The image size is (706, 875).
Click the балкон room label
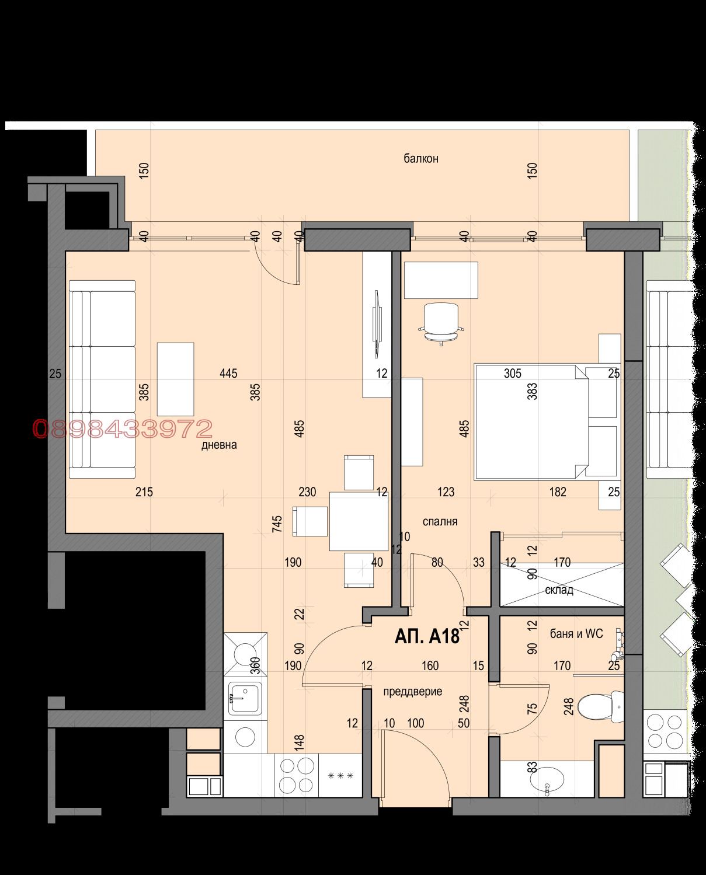point(421,158)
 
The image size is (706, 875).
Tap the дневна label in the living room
point(219,444)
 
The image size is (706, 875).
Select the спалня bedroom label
point(440,521)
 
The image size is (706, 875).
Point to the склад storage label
point(559,590)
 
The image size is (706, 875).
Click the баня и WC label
point(576,633)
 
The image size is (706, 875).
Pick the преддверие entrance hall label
point(413,691)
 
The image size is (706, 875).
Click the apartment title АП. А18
point(427,636)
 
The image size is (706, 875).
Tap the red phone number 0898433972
point(123,428)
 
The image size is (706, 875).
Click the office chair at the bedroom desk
point(441,324)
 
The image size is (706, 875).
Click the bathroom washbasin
point(547,779)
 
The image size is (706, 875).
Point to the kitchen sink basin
point(245,698)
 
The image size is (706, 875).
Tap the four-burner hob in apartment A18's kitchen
point(297,775)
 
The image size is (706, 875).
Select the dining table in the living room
point(359,521)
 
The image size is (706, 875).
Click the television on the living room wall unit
point(377,324)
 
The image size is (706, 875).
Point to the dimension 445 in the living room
point(228,373)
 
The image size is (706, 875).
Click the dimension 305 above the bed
point(512,373)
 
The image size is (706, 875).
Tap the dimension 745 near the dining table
point(277,524)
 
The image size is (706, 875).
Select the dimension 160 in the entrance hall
point(430,665)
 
